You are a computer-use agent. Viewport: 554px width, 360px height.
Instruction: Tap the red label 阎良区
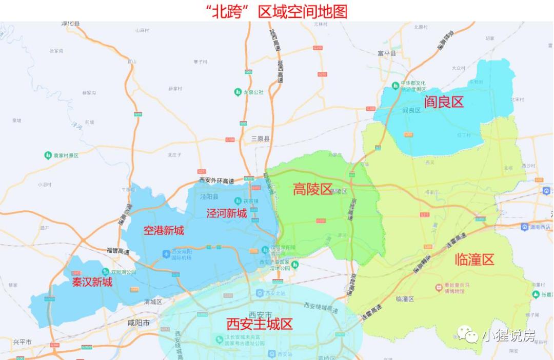[443, 102]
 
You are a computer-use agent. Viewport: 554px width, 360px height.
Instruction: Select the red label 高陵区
[313, 190]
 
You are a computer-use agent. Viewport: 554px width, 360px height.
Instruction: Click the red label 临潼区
[474, 259]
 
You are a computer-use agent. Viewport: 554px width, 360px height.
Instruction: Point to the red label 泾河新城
[227, 213]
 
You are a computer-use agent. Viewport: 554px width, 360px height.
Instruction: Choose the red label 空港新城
[163, 230]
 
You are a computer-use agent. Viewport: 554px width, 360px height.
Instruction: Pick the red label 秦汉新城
[92, 282]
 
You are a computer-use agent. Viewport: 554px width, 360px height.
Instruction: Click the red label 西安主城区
[259, 324]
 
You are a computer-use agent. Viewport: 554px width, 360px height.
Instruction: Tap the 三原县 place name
[261, 138]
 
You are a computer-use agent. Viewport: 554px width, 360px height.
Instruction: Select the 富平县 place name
[387, 53]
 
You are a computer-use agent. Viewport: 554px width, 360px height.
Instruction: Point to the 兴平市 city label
[23, 342]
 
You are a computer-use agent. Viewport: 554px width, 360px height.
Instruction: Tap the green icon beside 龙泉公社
[238, 92]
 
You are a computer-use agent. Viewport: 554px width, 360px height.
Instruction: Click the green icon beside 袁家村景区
[47, 155]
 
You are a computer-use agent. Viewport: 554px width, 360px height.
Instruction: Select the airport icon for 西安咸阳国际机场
[166, 254]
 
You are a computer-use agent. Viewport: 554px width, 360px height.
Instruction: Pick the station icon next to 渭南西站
[525, 227]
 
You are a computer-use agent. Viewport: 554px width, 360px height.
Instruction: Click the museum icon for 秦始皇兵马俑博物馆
[439, 288]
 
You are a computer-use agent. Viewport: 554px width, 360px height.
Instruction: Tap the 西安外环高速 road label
[216, 181]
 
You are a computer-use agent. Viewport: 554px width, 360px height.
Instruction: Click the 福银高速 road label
[118, 251]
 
